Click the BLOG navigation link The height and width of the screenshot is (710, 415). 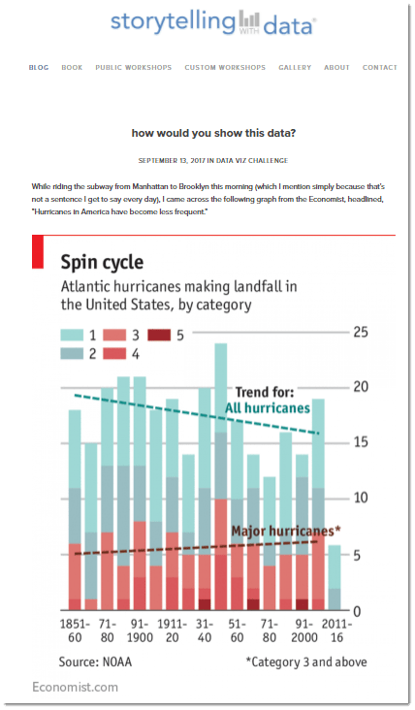39,68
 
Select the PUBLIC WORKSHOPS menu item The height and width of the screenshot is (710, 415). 134,68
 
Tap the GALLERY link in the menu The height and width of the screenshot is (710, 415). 295,68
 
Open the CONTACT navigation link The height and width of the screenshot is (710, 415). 379,68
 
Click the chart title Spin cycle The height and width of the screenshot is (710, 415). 102,262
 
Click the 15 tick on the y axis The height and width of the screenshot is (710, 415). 361,443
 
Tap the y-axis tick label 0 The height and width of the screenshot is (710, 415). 357,610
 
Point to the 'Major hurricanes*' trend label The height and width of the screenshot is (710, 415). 285,531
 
